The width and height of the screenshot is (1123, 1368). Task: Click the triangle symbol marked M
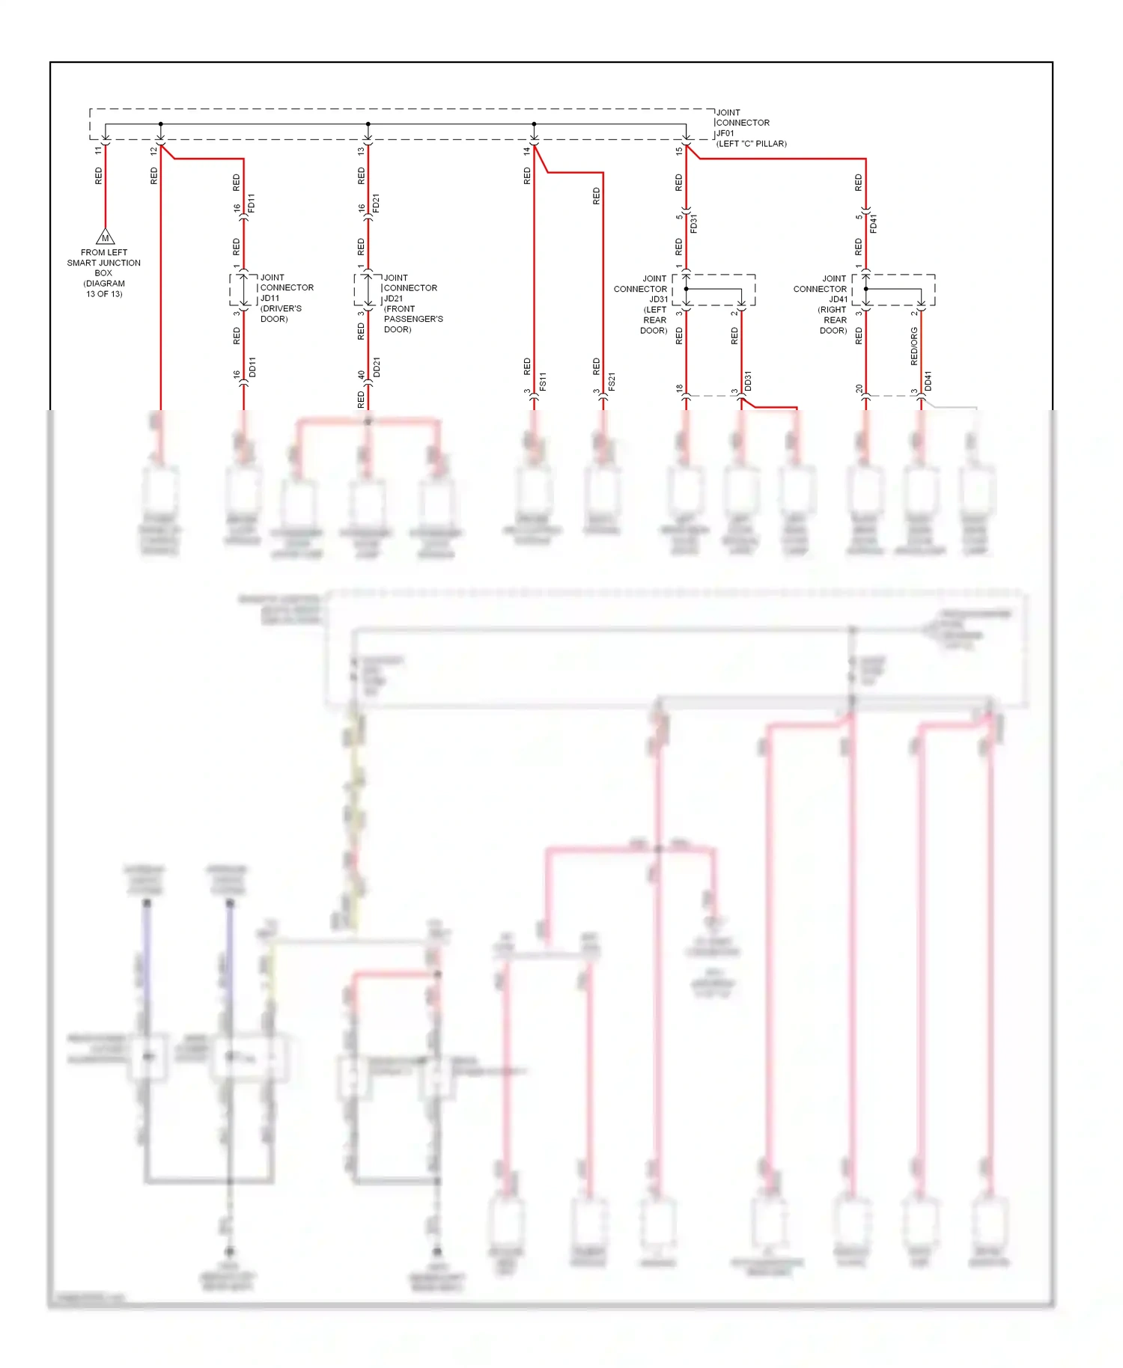pyautogui.click(x=106, y=237)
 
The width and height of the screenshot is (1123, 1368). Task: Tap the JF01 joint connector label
pyautogui.click(x=725, y=133)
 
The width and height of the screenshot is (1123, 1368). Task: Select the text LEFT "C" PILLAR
pyautogui.click(x=752, y=144)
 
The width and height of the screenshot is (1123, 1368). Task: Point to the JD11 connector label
pyautogui.click(x=270, y=298)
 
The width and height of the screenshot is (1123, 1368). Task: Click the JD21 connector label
pyautogui.click(x=394, y=299)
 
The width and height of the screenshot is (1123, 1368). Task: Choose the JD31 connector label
pyautogui.click(x=658, y=299)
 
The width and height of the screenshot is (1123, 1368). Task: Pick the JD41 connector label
pyautogui.click(x=838, y=299)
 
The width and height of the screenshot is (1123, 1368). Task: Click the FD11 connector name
pyautogui.click(x=252, y=203)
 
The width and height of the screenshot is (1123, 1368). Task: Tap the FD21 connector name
pyautogui.click(x=377, y=203)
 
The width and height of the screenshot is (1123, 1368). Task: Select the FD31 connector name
pyautogui.click(x=694, y=223)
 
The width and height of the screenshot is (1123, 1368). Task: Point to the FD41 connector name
pyautogui.click(x=874, y=223)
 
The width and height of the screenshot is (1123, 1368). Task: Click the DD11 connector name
pyautogui.click(x=252, y=367)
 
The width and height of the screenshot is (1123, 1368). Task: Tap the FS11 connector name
pyautogui.click(x=543, y=381)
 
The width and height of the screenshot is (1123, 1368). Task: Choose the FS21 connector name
pyautogui.click(x=612, y=381)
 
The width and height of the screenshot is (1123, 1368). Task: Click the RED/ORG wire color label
pyautogui.click(x=914, y=346)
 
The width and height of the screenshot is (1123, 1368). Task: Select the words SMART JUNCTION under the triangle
pyautogui.click(x=104, y=263)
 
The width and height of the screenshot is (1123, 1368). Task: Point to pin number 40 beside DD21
pyautogui.click(x=362, y=375)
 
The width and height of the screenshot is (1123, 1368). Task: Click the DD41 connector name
pyautogui.click(x=928, y=381)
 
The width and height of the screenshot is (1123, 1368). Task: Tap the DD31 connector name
pyautogui.click(x=748, y=381)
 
